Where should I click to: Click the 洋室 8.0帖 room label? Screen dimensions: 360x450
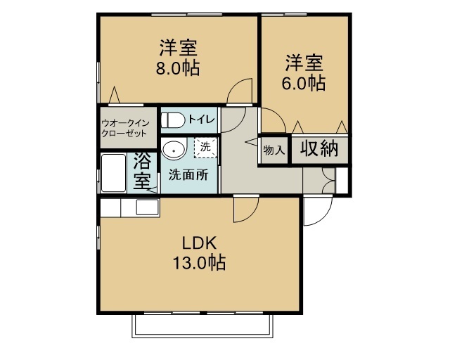click(177, 58)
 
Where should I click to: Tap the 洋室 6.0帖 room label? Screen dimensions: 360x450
click(304, 72)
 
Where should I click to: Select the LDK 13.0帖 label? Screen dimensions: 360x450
click(199, 254)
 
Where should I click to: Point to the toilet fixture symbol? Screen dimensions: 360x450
click(172, 120)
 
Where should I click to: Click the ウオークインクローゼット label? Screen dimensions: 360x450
click(124, 127)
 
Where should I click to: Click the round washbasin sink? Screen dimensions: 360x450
click(172, 150)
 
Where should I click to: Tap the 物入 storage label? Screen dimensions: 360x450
click(274, 150)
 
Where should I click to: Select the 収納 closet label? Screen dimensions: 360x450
click(319, 148)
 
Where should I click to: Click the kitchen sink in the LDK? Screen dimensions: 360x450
click(147, 207)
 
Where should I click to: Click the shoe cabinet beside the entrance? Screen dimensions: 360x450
click(342, 179)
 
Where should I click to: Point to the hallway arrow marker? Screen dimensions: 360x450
click(249, 143)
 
